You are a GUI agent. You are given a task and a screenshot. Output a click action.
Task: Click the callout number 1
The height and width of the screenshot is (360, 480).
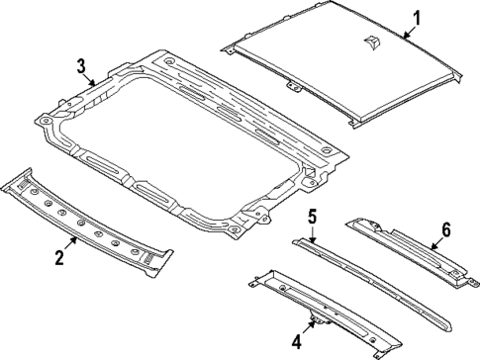[x=417, y=17]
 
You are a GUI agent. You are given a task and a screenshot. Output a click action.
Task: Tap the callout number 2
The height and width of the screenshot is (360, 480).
[x=58, y=258]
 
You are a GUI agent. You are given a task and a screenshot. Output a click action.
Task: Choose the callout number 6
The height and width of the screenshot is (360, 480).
[x=444, y=229]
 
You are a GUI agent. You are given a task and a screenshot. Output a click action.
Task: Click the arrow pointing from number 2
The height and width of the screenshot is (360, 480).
[x=70, y=242]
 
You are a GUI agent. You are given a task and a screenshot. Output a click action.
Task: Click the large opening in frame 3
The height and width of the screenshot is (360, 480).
[x=188, y=134]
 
